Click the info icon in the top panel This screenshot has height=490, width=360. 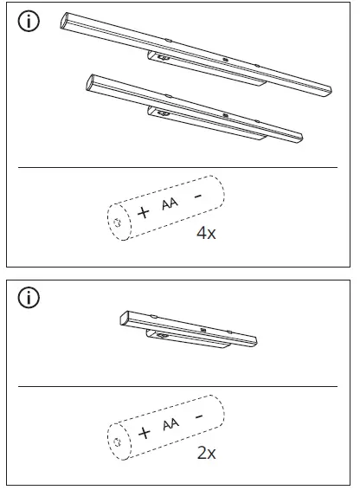point(29,23)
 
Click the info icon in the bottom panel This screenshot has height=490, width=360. point(29,299)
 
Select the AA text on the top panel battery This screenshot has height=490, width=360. point(170,205)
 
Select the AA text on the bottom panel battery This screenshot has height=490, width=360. point(170,424)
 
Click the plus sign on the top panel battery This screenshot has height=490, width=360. point(142,212)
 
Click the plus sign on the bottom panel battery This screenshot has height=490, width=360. point(142,430)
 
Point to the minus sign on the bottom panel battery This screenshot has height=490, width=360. point(199,416)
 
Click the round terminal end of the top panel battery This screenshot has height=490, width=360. point(116,222)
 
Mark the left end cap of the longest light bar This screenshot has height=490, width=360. point(66,21)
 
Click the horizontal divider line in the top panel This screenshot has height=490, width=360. point(177,167)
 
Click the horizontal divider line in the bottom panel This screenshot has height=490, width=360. point(177,386)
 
